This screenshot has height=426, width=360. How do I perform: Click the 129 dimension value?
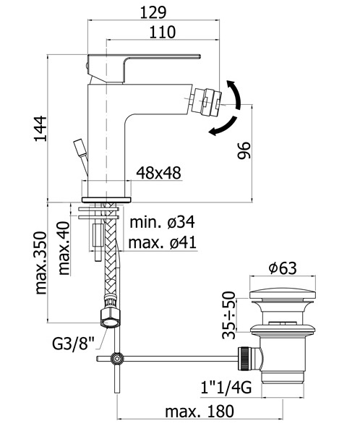pyautogui.click(x=153, y=12)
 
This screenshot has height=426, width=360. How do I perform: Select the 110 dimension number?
pyautogui.click(x=163, y=32)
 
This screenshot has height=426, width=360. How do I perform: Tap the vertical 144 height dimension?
pyautogui.click(x=40, y=129)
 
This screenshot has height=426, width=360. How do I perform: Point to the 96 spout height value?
pyautogui.click(x=244, y=150)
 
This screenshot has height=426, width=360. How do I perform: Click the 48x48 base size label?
pyautogui.click(x=158, y=173)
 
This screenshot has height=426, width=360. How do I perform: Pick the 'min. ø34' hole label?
pyautogui.click(x=162, y=222)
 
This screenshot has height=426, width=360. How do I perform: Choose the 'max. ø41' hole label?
pyautogui.click(x=162, y=242)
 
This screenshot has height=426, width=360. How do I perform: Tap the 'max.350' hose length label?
pyautogui.click(x=41, y=263)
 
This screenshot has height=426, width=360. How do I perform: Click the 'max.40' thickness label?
pyautogui.click(x=64, y=248)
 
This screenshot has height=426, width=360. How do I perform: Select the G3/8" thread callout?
pyautogui.click(x=73, y=344)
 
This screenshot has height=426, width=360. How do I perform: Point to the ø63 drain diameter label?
pyautogui.click(x=283, y=268)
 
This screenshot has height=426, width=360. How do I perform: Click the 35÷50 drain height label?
pyautogui.click(x=228, y=315)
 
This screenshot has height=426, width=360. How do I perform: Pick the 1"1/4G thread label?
pyautogui.click(x=226, y=387)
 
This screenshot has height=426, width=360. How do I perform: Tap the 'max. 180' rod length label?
pyautogui.click(x=200, y=412)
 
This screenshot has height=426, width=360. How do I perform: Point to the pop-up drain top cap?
pyautogui.click(x=283, y=295)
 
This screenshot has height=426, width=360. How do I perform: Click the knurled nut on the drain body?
pyautogui.click(x=244, y=359)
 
